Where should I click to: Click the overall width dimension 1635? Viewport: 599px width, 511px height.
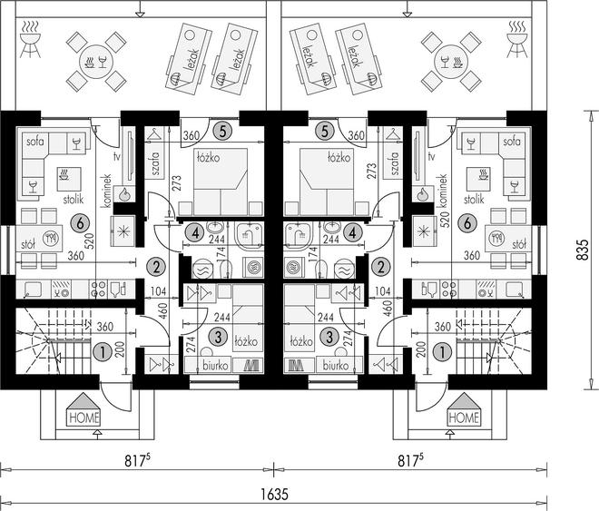(275, 495)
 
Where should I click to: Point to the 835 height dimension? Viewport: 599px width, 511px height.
(582, 251)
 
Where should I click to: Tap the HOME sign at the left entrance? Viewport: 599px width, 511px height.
(84, 418)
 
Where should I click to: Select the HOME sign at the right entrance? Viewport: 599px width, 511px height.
(464, 418)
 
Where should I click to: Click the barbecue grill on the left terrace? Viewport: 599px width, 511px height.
(30, 40)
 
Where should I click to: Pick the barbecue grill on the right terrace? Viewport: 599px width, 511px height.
(517, 40)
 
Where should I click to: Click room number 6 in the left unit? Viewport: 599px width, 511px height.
(80, 223)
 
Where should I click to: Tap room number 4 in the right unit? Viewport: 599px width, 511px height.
(353, 232)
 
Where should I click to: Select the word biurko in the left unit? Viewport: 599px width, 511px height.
(215, 366)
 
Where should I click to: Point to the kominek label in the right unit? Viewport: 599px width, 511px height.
(443, 191)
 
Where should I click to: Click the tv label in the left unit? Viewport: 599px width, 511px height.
(118, 156)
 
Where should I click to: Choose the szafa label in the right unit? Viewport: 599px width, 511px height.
(395, 163)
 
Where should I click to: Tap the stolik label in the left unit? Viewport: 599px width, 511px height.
(74, 199)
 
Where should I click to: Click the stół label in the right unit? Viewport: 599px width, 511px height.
(519, 243)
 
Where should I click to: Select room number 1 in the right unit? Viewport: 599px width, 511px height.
(443, 352)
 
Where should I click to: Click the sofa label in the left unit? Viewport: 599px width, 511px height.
(35, 142)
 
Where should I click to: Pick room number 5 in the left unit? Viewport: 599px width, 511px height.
(223, 131)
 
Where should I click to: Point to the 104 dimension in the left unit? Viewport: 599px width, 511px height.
(158, 291)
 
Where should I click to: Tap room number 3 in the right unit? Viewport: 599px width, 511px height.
(329, 337)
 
